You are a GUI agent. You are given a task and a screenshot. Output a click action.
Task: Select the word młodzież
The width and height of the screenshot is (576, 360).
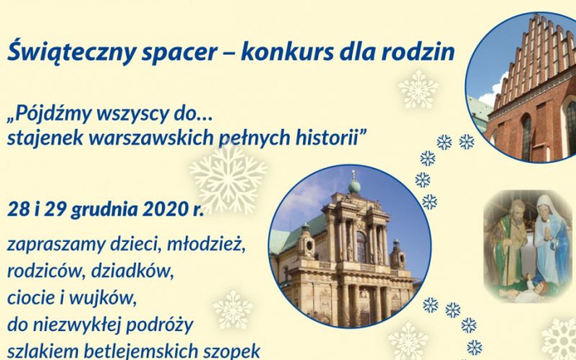(206, 245)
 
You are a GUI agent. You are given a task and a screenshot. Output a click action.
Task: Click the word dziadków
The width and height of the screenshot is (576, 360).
(132, 272)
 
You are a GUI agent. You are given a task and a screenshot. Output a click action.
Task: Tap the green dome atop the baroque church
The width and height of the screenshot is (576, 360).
(354, 186)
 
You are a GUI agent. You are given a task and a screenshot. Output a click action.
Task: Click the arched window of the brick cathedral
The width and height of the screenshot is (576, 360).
(526, 138)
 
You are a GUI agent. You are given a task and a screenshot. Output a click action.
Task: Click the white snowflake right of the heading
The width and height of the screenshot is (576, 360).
(418, 89)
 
